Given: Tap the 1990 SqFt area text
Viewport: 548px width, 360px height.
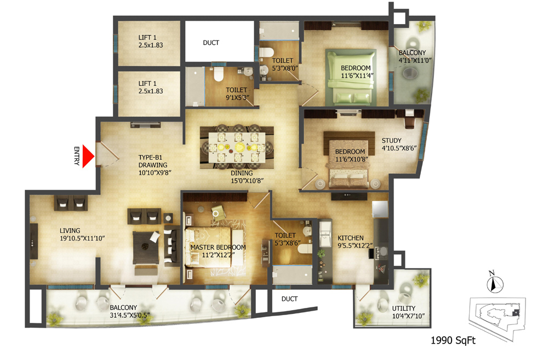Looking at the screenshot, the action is [453, 340].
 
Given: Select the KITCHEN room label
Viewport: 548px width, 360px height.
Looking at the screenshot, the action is [351, 238].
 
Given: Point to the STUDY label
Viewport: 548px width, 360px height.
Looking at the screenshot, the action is [391, 140].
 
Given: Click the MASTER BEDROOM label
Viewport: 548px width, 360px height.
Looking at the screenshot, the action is [218, 247].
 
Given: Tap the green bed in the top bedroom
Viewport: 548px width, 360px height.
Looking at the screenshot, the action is [351, 77].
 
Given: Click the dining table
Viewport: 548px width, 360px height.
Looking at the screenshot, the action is [237, 147].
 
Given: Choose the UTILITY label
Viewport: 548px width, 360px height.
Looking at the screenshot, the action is [404, 308].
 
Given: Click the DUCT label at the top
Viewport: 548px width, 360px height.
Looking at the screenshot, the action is [211, 43].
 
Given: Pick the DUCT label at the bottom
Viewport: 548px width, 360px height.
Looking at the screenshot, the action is [290, 299].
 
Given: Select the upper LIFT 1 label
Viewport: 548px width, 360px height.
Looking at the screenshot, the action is [147, 37].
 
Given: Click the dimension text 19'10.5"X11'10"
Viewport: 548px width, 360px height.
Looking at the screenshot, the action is [83, 238].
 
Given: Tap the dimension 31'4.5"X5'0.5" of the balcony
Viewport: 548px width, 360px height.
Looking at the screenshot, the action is [130, 315].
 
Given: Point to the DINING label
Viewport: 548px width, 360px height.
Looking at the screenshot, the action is [242, 173].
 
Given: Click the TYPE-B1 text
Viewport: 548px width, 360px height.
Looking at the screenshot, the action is [150, 157].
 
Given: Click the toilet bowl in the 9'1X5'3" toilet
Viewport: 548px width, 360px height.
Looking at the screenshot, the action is [219, 74].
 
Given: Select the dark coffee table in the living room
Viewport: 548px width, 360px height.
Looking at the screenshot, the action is [145, 248].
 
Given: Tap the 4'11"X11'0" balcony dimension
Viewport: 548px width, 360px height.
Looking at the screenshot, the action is [415, 60].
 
